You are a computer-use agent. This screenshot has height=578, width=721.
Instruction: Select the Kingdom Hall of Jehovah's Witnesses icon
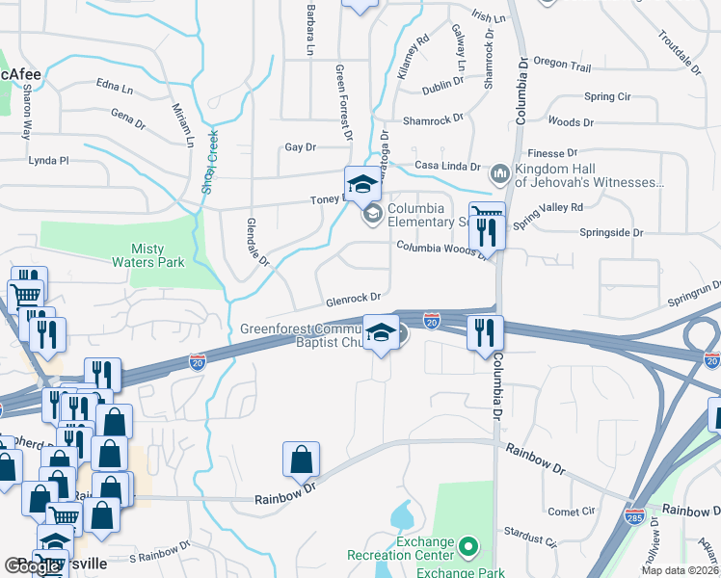[x=499, y=173]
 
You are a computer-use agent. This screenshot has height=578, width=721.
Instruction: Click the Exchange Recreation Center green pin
[x=468, y=548]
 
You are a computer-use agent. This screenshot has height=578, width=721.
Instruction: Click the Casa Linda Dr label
[x=447, y=165]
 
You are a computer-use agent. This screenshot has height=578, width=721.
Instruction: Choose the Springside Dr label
[x=610, y=232]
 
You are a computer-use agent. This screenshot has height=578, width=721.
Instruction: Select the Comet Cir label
[x=573, y=511]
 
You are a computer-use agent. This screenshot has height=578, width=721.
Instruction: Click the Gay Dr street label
[x=301, y=147]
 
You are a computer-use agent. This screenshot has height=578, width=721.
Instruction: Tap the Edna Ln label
[x=114, y=89]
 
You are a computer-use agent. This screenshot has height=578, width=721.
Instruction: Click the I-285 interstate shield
[x=634, y=517]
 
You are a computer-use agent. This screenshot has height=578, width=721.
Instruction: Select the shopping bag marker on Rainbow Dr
[x=301, y=461]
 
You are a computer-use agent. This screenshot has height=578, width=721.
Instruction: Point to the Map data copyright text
[x=680, y=570]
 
